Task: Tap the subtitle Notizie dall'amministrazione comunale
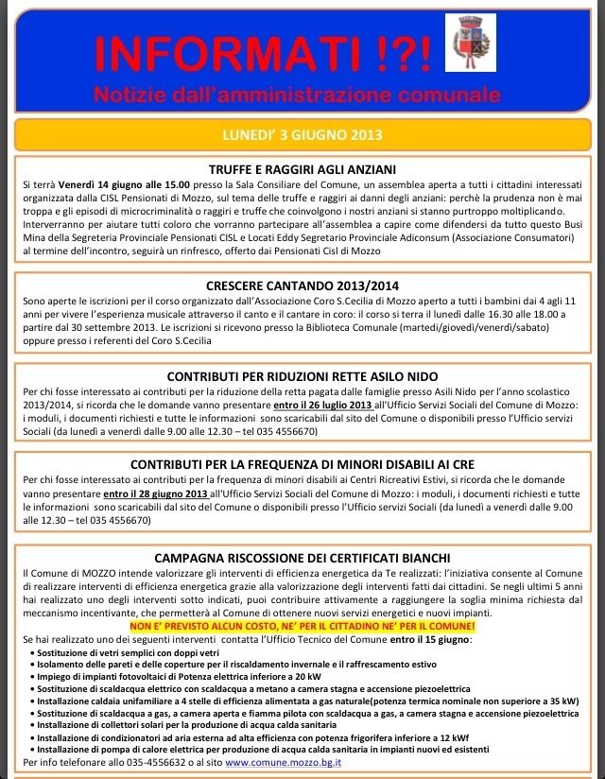tap(296, 95)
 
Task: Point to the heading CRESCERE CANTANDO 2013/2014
tap(302, 286)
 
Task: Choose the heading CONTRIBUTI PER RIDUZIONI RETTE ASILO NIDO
tap(302, 375)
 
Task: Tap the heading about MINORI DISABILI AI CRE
tap(302, 465)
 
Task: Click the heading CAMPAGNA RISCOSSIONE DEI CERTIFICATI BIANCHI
tap(302, 558)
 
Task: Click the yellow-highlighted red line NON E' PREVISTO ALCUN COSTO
tap(302, 627)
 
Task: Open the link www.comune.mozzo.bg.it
tap(285, 762)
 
